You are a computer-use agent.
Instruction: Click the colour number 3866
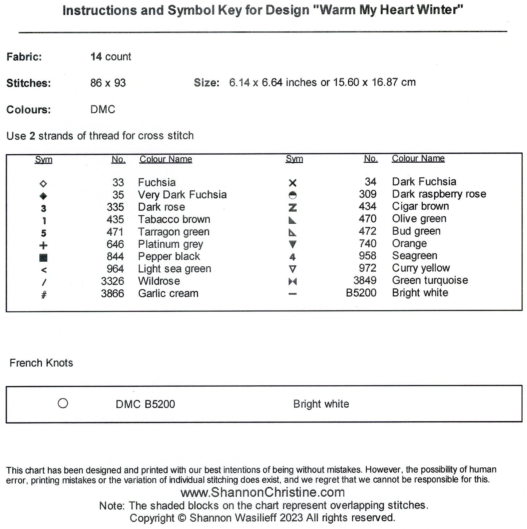tap(112, 294)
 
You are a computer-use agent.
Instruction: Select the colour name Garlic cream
tap(168, 294)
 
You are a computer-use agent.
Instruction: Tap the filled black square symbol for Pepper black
tap(43, 258)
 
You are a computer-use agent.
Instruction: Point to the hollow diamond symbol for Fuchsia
tap(43, 184)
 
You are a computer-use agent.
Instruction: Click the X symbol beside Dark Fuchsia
tap(292, 183)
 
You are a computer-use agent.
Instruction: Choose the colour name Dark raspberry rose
tap(439, 194)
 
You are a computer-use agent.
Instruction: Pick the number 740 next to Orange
tap(368, 244)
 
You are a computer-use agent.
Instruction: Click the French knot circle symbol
tap(63, 403)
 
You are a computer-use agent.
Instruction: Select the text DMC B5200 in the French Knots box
tap(145, 404)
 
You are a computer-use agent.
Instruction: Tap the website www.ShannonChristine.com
tap(263, 493)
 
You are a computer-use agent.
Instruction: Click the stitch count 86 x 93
tap(108, 83)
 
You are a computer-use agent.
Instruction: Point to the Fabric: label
tap(24, 57)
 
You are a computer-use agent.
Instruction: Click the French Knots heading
tap(41, 363)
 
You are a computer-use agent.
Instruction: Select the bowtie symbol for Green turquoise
tap(292, 281)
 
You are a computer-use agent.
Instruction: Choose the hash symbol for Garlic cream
tap(44, 295)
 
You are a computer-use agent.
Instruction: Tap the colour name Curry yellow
tap(421, 268)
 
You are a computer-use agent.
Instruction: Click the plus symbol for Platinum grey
tap(43, 246)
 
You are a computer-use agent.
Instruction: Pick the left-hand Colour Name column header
tap(166, 159)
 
